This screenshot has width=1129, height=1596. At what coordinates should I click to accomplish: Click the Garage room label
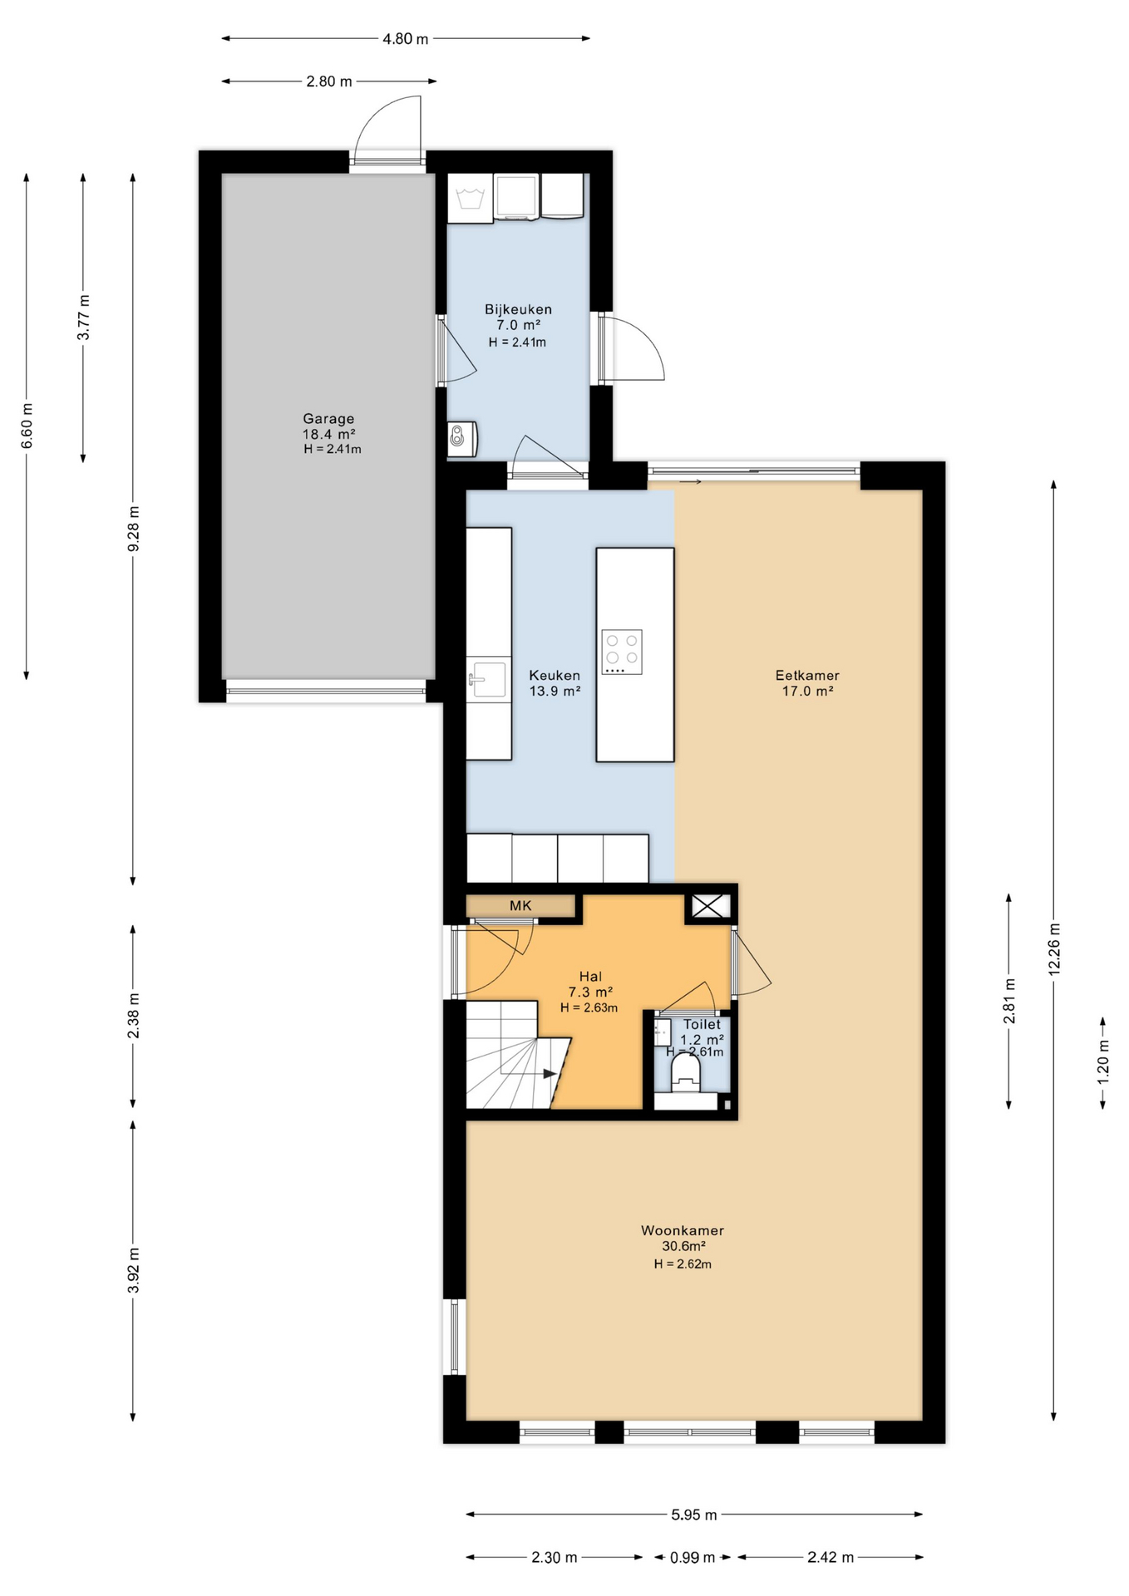[328, 420]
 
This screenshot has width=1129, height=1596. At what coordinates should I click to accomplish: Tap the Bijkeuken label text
[518, 309]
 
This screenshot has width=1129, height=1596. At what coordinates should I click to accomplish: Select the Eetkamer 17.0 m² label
[807, 682]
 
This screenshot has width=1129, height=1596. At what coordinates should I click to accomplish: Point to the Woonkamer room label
[682, 1231]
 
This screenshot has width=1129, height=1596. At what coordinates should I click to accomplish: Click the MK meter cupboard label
[520, 906]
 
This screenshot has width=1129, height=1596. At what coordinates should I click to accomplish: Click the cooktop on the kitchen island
[622, 652]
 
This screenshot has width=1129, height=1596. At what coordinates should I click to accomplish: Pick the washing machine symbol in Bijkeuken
[471, 199]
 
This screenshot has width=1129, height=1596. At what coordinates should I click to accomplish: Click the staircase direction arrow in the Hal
[549, 1074]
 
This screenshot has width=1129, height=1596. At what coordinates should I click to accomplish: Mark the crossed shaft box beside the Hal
[709, 906]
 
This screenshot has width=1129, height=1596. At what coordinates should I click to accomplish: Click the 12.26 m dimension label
[1053, 949]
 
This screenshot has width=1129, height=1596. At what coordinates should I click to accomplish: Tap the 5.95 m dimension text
[693, 1515]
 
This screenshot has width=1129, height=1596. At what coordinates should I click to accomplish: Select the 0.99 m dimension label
[693, 1558]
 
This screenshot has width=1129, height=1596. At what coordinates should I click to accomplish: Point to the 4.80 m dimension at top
[405, 39]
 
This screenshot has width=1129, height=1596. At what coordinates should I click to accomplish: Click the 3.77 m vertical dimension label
[84, 318]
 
